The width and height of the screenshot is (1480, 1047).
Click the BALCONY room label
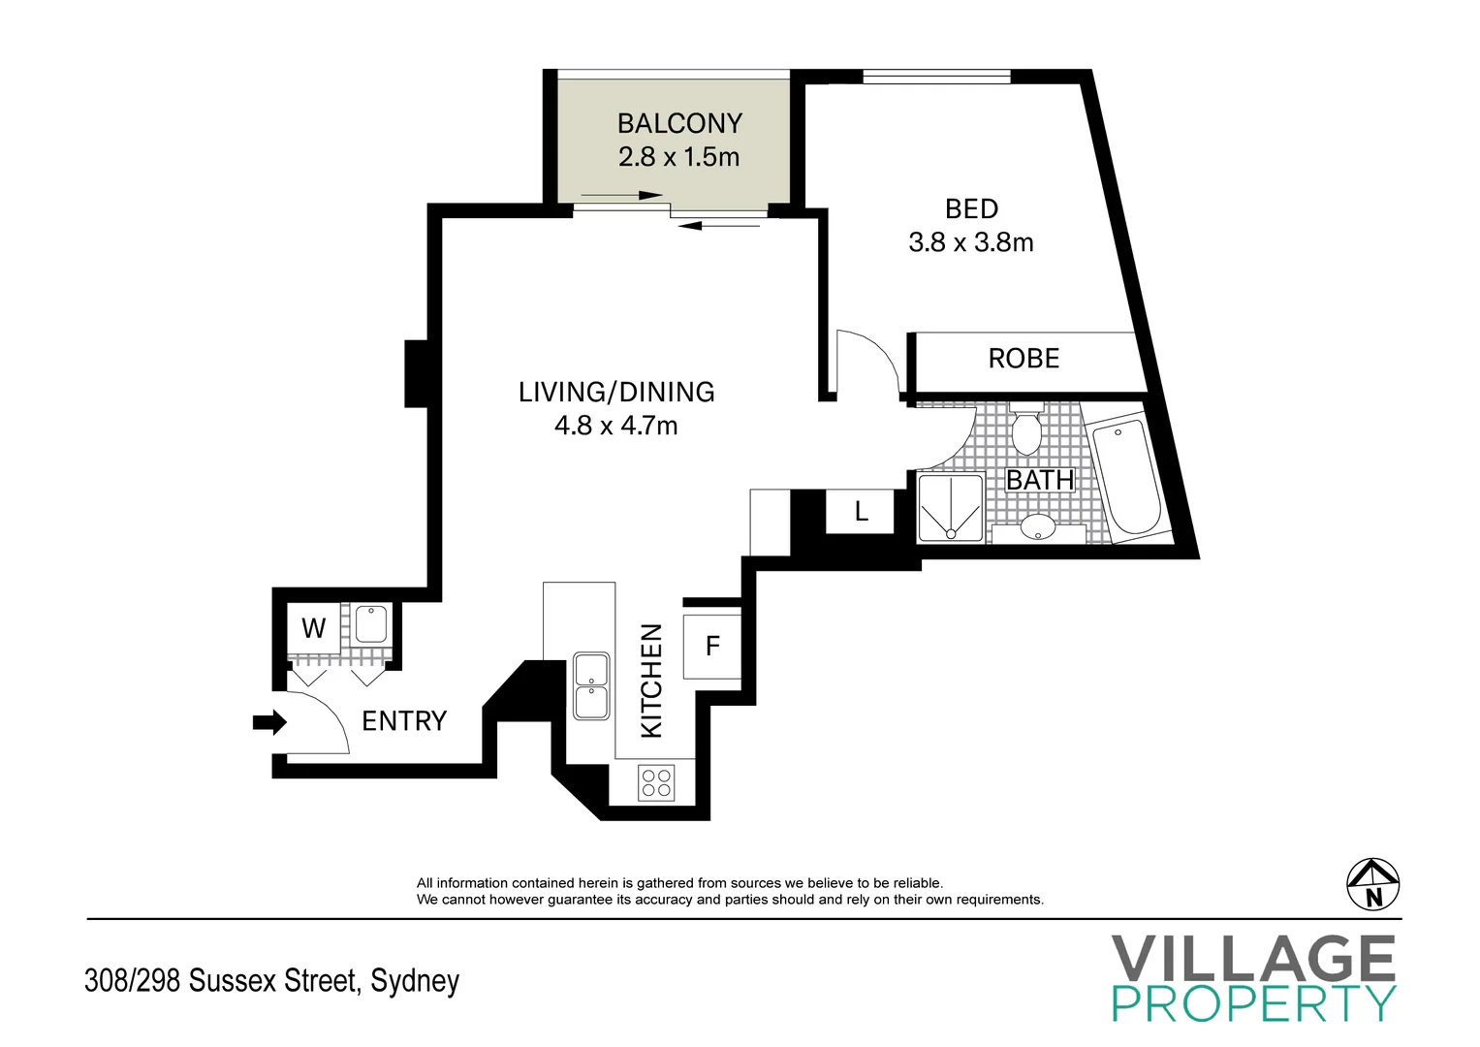[679, 124]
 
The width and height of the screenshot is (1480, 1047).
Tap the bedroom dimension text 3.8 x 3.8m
[970, 242]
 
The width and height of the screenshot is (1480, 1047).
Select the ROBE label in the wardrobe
[1023, 359]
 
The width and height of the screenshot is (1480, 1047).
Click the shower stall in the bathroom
[951, 508]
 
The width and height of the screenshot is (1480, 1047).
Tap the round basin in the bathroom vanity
[1038, 526]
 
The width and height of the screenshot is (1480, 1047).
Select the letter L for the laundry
[861, 511]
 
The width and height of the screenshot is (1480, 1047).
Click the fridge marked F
[712, 647]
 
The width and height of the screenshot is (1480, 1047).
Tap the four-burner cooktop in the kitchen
[656, 782]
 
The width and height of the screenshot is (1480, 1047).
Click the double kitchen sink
[591, 686]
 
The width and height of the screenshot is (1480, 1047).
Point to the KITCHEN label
[650, 681]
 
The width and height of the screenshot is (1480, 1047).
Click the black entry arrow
[269, 722]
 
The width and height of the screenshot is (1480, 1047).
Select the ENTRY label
[404, 720]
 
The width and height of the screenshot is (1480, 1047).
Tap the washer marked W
[314, 628]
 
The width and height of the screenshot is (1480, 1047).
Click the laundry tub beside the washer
[370, 624]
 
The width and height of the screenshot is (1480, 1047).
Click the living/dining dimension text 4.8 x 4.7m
[615, 426]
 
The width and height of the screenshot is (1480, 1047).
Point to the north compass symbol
[1373, 884]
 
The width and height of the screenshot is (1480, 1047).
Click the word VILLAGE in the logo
[1253, 958]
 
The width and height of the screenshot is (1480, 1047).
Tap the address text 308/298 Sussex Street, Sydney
[271, 981]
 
